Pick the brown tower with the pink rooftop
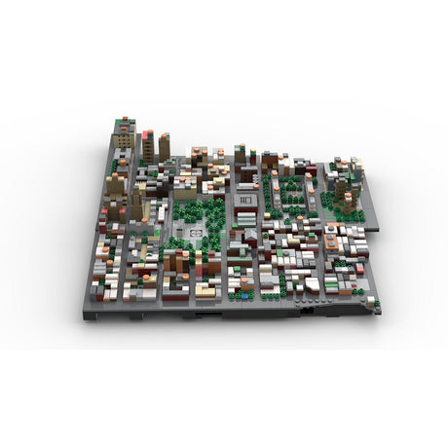tap(148, 146)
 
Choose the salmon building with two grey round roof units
tap(333, 236)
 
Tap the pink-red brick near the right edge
tap(359, 267)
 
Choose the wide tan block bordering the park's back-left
tap(185, 191)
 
